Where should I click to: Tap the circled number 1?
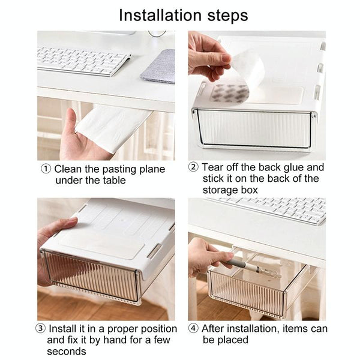click(46, 169)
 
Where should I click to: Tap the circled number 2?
click(193, 167)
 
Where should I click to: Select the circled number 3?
click(40, 329)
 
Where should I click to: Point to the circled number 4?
click(193, 328)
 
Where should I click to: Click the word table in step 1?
click(112, 180)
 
